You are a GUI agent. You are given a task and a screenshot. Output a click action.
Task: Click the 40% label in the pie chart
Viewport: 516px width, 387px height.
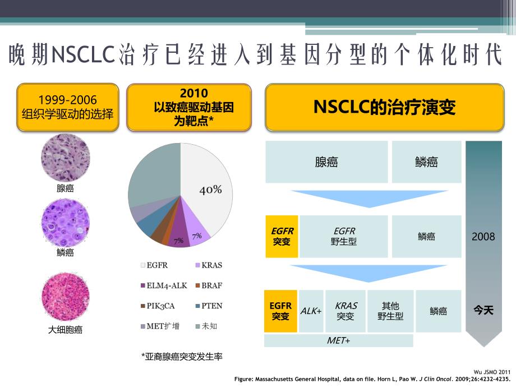(x=211, y=190)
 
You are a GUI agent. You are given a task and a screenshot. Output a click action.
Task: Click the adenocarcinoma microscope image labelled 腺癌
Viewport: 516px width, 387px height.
(x=65, y=156)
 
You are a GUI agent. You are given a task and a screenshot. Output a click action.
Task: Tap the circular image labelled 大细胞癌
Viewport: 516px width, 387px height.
(x=65, y=297)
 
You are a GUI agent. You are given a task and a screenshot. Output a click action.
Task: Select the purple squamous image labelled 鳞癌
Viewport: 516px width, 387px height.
(x=65, y=223)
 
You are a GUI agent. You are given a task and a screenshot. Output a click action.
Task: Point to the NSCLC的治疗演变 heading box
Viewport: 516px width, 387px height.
(x=384, y=107)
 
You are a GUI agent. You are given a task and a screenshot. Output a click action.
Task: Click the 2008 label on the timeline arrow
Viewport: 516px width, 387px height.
(x=483, y=237)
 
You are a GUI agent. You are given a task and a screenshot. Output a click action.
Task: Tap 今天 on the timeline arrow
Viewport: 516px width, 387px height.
(x=483, y=310)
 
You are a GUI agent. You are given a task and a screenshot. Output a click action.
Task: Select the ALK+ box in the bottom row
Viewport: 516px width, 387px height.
(x=311, y=311)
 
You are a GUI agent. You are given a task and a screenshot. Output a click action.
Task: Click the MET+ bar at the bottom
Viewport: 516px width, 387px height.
(x=338, y=340)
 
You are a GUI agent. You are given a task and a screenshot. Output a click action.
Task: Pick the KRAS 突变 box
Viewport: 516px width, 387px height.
(x=345, y=311)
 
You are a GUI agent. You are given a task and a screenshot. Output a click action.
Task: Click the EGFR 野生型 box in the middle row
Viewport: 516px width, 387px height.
(x=344, y=236)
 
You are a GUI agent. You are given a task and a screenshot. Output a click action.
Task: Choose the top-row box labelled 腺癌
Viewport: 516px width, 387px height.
(x=326, y=162)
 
